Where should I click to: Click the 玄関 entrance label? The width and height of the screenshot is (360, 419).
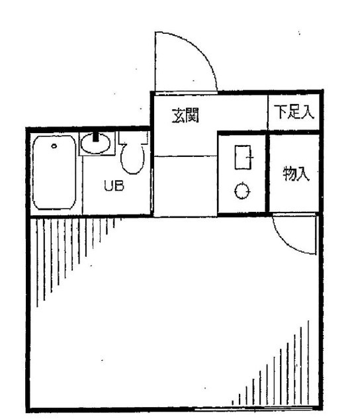185,115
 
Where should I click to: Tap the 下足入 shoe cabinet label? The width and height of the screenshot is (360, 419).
294,112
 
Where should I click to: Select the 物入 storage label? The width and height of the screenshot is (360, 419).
296,173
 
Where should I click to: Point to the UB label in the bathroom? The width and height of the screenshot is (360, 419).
114,186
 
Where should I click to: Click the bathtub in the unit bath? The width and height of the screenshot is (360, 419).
54,173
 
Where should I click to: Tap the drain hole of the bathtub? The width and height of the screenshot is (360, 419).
54,146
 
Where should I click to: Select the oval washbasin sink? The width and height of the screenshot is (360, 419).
95,144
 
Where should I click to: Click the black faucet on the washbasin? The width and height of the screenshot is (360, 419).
95,138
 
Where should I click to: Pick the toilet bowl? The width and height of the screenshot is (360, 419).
133,160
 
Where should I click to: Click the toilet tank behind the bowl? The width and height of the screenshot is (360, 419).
134,138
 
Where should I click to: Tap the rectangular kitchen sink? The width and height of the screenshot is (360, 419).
243,158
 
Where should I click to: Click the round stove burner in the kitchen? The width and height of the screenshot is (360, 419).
242,191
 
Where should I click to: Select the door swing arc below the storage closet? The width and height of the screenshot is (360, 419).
286,243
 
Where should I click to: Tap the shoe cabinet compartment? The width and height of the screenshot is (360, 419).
294,113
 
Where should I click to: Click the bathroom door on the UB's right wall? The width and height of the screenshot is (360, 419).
152,190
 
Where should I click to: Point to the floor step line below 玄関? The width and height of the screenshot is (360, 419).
185,156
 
